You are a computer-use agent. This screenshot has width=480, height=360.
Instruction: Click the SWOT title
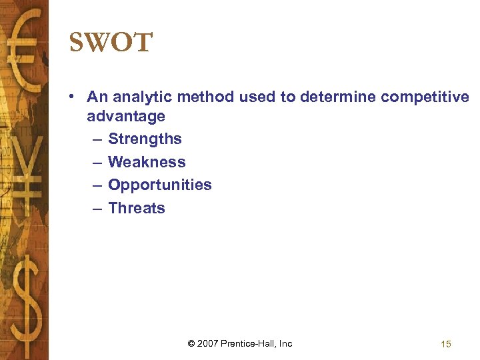(111, 43)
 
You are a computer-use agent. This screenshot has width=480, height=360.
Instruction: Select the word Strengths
(145, 139)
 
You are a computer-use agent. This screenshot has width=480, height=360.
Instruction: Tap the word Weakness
(147, 162)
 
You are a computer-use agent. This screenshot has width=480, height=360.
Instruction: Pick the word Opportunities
(159, 185)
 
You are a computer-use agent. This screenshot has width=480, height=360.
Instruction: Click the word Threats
(136, 208)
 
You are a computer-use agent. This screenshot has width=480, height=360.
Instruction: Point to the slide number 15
(446, 344)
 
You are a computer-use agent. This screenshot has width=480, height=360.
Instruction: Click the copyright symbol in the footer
(191, 344)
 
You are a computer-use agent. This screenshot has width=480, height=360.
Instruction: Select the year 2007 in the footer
(209, 344)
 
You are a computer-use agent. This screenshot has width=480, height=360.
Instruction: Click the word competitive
(425, 97)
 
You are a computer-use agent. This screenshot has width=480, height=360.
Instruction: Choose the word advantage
(126, 116)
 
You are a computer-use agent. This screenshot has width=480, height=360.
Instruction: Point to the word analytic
(137, 97)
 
